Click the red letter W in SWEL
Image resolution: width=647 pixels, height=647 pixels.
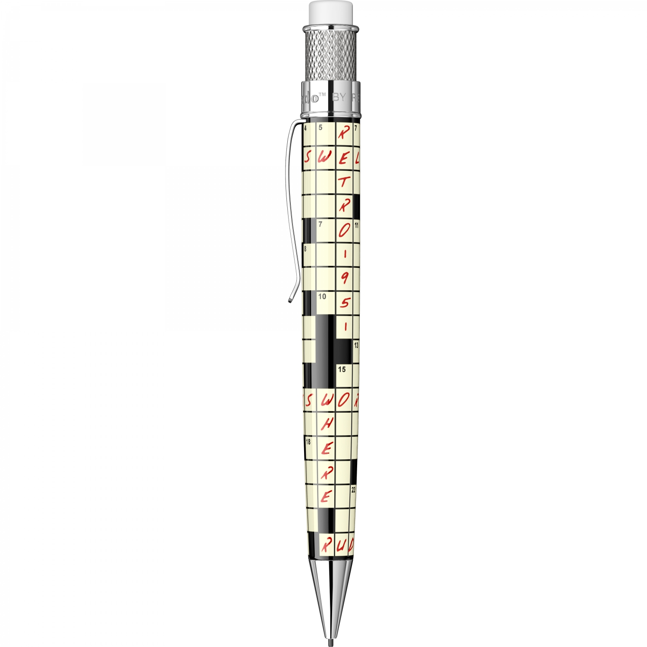click(324, 157)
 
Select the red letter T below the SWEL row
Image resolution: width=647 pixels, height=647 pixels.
click(343, 182)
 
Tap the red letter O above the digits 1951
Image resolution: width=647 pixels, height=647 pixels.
click(344, 231)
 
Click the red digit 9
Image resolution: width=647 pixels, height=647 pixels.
click(344, 279)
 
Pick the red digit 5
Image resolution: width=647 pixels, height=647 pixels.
click(344, 303)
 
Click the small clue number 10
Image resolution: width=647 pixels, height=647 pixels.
click(322, 297)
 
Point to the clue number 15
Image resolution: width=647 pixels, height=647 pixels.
click(342, 369)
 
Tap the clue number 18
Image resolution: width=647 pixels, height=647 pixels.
click(308, 442)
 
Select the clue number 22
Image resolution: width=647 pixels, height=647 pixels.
click(353, 490)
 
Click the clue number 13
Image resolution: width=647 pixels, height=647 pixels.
click(356, 345)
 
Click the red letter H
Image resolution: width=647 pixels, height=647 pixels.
click(327, 424)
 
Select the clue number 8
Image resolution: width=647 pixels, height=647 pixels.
click(305, 249)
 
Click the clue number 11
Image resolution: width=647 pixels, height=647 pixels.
click(356, 225)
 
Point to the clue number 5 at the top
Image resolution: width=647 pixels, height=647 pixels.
click(320, 128)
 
